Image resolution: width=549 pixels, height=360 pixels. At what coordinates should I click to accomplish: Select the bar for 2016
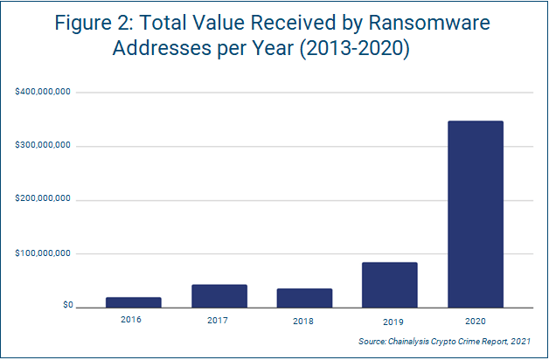(x=133, y=302)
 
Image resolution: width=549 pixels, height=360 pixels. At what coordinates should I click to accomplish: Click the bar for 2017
(x=219, y=296)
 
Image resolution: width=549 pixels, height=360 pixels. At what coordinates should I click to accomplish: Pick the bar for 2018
(x=304, y=298)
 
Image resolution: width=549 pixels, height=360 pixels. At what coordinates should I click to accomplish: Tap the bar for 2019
(x=389, y=285)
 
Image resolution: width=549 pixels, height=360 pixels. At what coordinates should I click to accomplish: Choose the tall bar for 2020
(x=475, y=214)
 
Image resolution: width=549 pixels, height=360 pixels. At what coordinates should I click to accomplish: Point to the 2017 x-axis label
(x=219, y=320)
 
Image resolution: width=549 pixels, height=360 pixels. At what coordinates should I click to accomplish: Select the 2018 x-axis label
(x=304, y=320)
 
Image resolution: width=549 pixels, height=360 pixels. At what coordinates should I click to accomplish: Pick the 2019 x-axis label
(x=389, y=320)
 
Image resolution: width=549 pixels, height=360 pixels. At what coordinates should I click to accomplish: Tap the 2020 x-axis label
(x=475, y=320)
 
